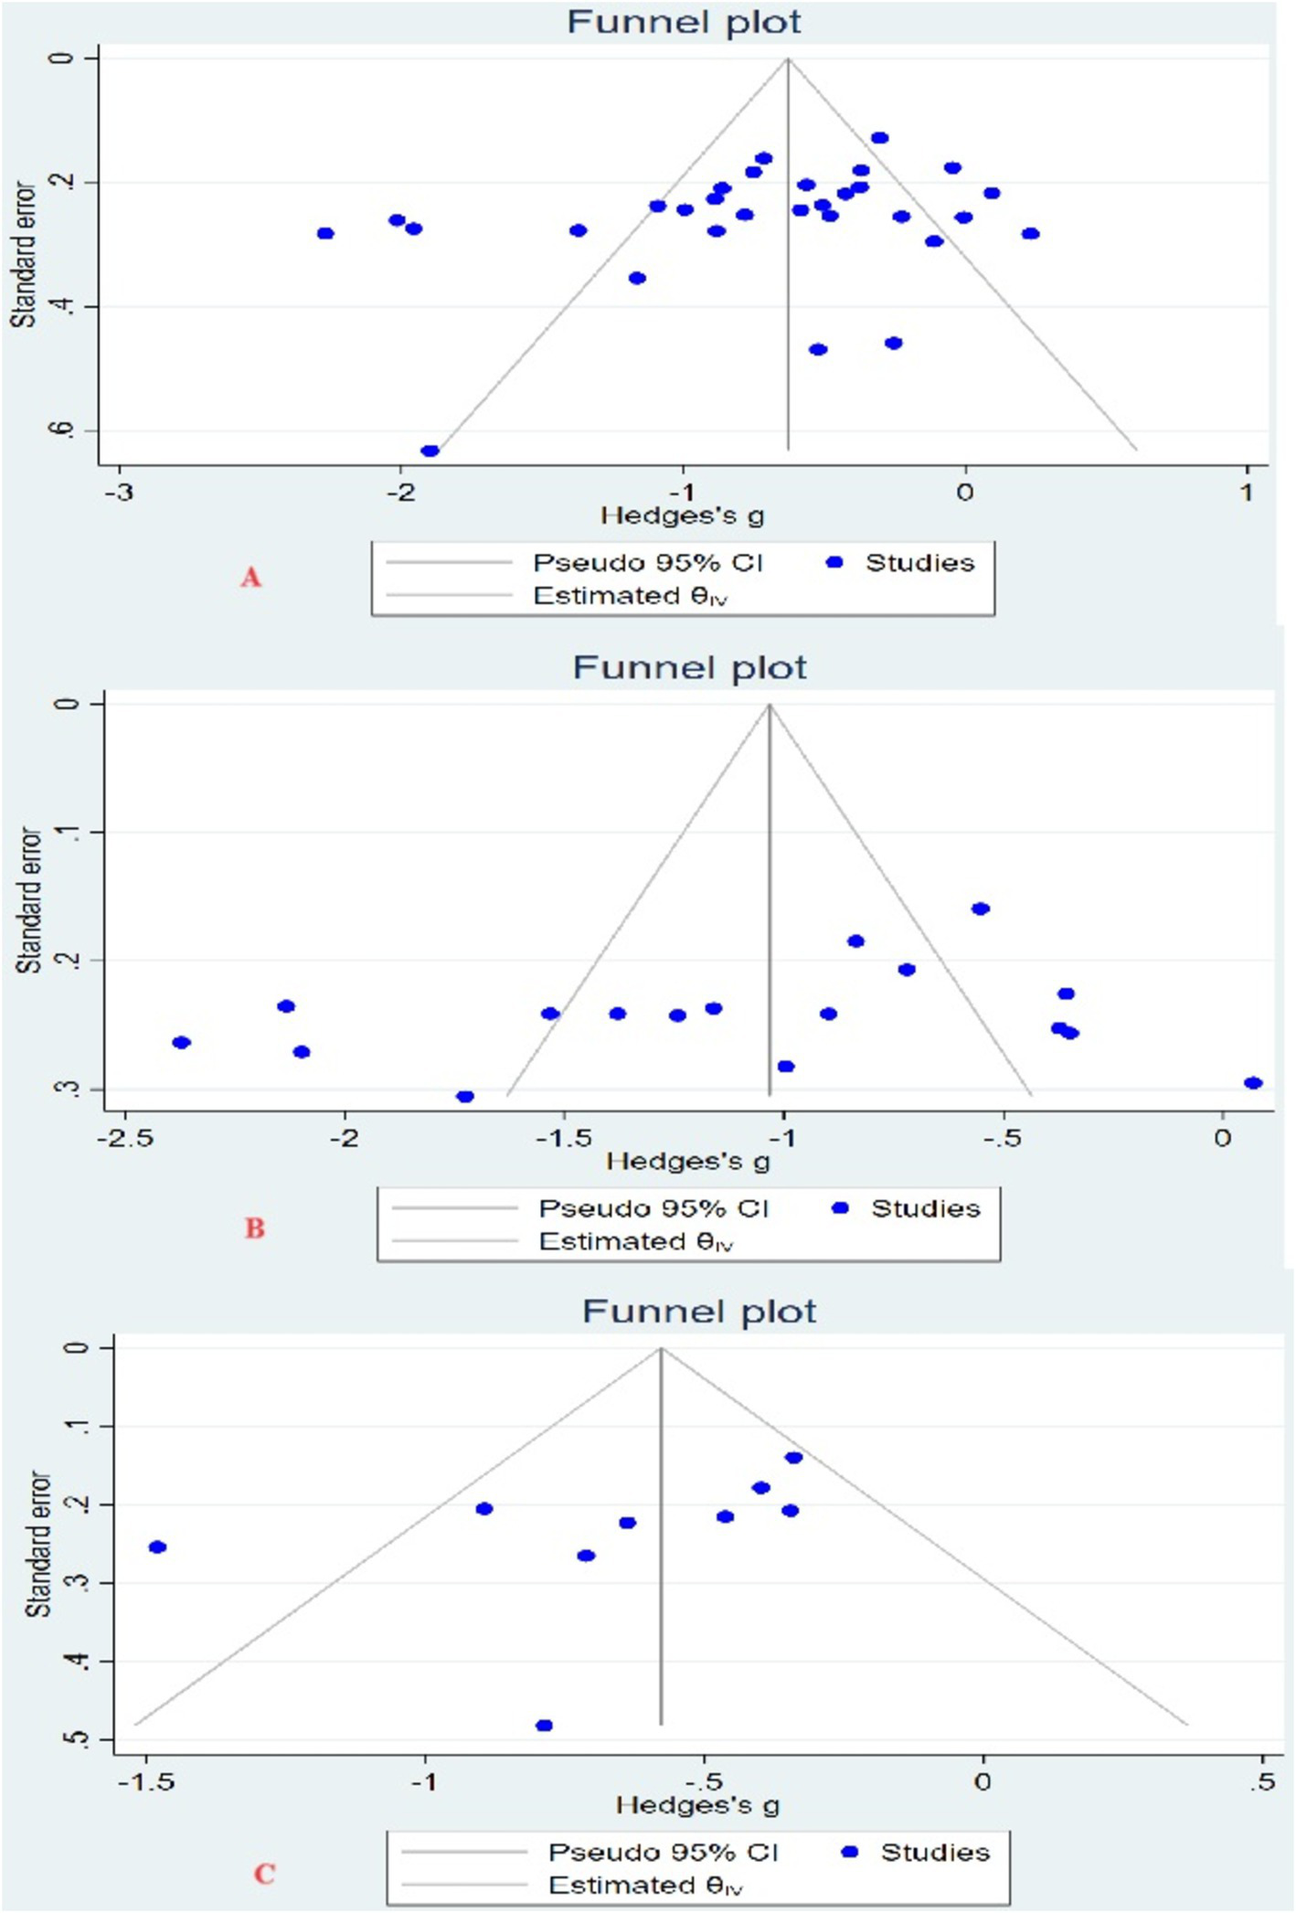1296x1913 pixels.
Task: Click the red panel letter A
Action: (250, 578)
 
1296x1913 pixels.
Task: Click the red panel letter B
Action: (254, 1228)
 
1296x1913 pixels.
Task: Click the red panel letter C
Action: (264, 1875)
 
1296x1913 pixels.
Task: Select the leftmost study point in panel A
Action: (325, 233)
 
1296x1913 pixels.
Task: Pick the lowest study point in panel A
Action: (430, 451)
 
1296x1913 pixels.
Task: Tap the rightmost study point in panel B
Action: (1253, 1083)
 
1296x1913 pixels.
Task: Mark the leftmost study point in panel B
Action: (181, 1043)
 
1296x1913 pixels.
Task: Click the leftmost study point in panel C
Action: (157, 1546)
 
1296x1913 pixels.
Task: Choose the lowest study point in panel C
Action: (544, 1726)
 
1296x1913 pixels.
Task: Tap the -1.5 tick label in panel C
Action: (147, 1782)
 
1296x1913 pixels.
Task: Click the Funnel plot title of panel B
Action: (689, 668)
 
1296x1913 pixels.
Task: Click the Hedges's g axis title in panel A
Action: (682, 516)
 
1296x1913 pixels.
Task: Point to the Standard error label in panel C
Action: (38, 1545)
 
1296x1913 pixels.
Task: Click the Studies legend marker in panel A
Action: (834, 563)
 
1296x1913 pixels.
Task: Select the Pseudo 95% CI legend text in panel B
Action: (653, 1208)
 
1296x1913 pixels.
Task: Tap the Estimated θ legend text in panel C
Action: (645, 1885)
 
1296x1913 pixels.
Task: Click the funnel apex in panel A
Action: (788, 59)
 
